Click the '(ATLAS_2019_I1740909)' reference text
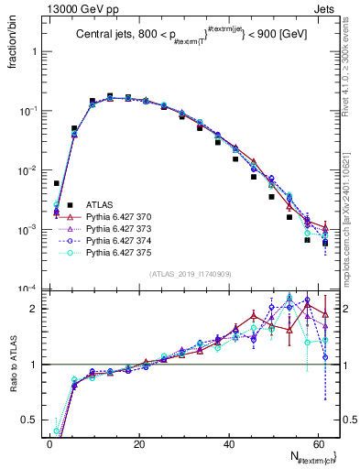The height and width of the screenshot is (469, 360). [x=190, y=273]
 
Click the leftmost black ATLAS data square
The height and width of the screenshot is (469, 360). [x=56, y=183]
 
